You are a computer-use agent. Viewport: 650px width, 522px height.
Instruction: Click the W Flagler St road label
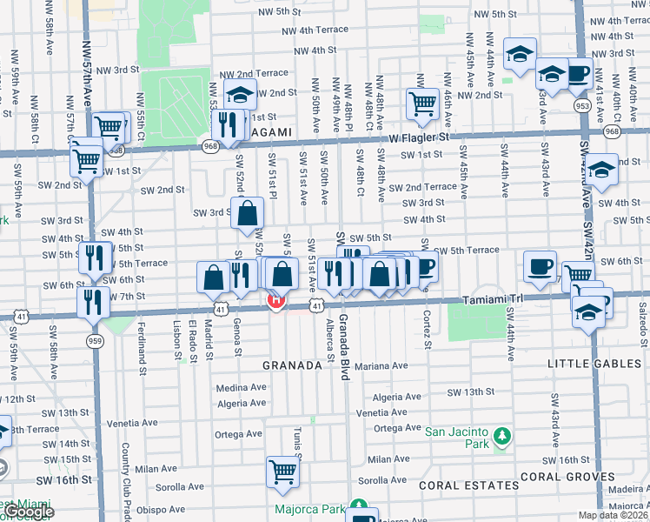click(419, 137)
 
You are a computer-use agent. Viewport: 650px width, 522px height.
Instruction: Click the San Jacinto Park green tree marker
click(501, 434)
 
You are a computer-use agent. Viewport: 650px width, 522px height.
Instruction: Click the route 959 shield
click(95, 340)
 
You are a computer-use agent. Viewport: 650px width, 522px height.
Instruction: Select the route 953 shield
click(583, 104)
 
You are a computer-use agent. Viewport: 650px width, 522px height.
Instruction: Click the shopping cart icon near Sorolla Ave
click(282, 471)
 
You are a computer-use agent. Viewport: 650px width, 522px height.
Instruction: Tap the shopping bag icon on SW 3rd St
click(247, 212)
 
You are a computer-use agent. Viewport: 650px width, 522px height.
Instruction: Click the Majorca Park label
click(305, 509)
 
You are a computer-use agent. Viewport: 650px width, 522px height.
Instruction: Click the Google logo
click(28, 512)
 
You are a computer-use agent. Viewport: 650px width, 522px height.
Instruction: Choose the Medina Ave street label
click(239, 388)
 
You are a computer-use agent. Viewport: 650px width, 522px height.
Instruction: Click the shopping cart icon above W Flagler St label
click(422, 104)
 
